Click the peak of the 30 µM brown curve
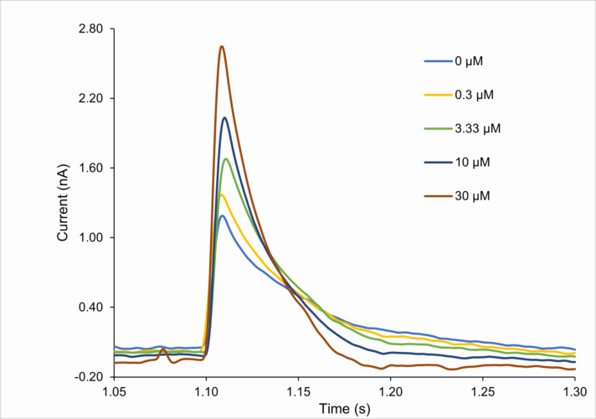pyautogui.click(x=222, y=46)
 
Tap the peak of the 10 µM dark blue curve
pyautogui.click(x=224, y=117)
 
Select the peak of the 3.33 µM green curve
pyautogui.click(x=226, y=159)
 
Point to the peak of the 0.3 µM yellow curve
pyautogui.click(x=222, y=194)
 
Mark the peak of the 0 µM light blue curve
pyautogui.click(x=222, y=215)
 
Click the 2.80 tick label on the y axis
pyautogui.click(x=90, y=29)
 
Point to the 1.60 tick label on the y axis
pyautogui.click(x=90, y=168)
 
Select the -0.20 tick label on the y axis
pyautogui.click(x=90, y=377)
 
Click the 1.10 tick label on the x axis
pyautogui.click(x=206, y=391)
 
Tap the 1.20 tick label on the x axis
pyautogui.click(x=391, y=391)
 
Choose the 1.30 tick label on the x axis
pyautogui.click(x=575, y=391)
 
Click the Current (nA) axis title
pyautogui.click(x=63, y=203)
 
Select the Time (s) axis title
pyautogui.click(x=344, y=408)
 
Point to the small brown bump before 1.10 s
pyautogui.click(x=163, y=350)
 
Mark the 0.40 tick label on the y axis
pyautogui.click(x=90, y=308)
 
